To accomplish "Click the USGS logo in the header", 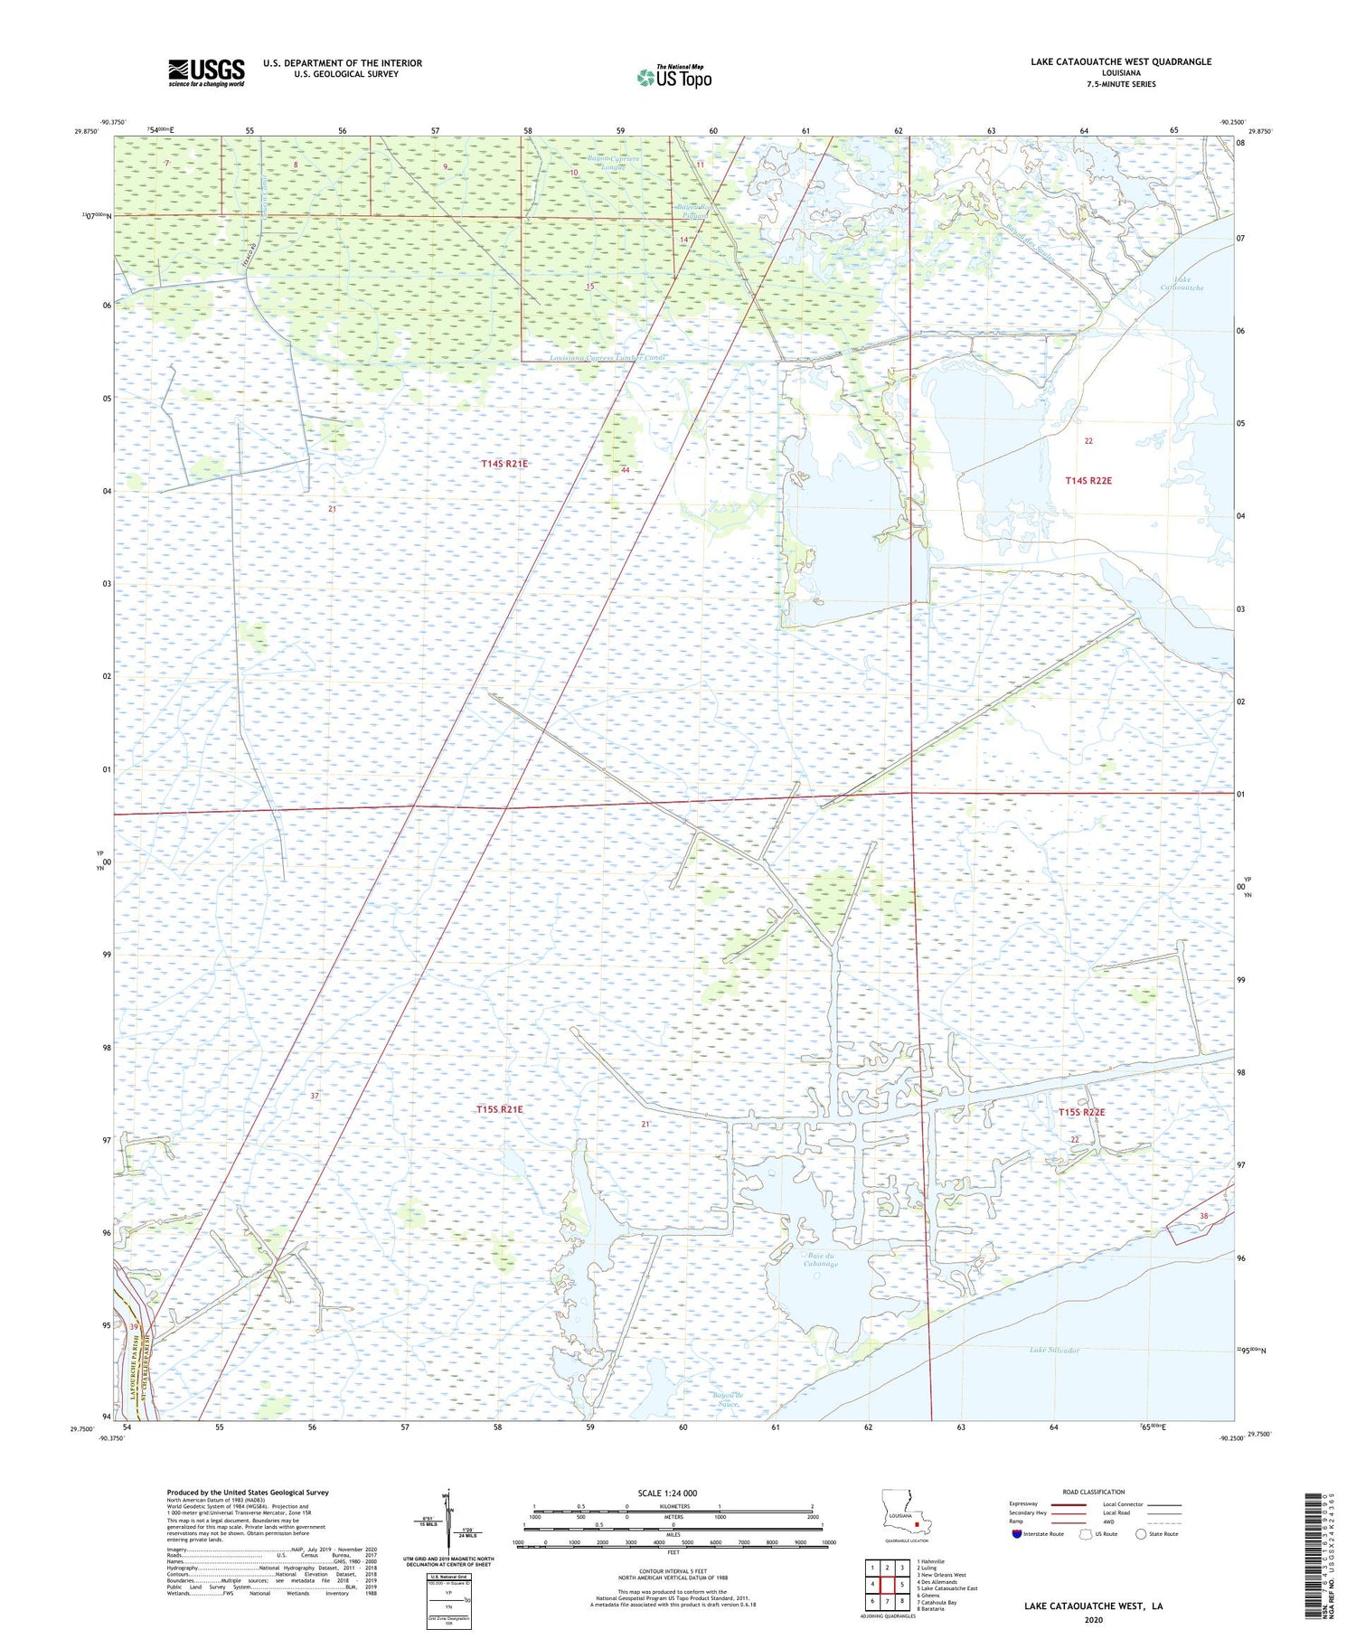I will click(x=206, y=72).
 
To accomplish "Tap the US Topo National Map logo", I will click(x=674, y=77).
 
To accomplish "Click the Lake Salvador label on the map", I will click(x=1054, y=1350).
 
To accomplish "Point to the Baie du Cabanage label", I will click(x=820, y=1260).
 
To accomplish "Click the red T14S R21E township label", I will click(x=504, y=464).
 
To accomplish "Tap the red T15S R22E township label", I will click(x=1081, y=1113).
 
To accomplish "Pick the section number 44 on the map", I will click(x=625, y=470).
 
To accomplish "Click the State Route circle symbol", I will click(x=1141, y=1534).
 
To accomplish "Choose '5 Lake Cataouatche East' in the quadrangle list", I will click(x=947, y=1588).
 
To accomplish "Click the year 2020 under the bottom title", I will click(x=1093, y=1620).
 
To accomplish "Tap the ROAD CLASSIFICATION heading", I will click(x=1094, y=1492).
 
